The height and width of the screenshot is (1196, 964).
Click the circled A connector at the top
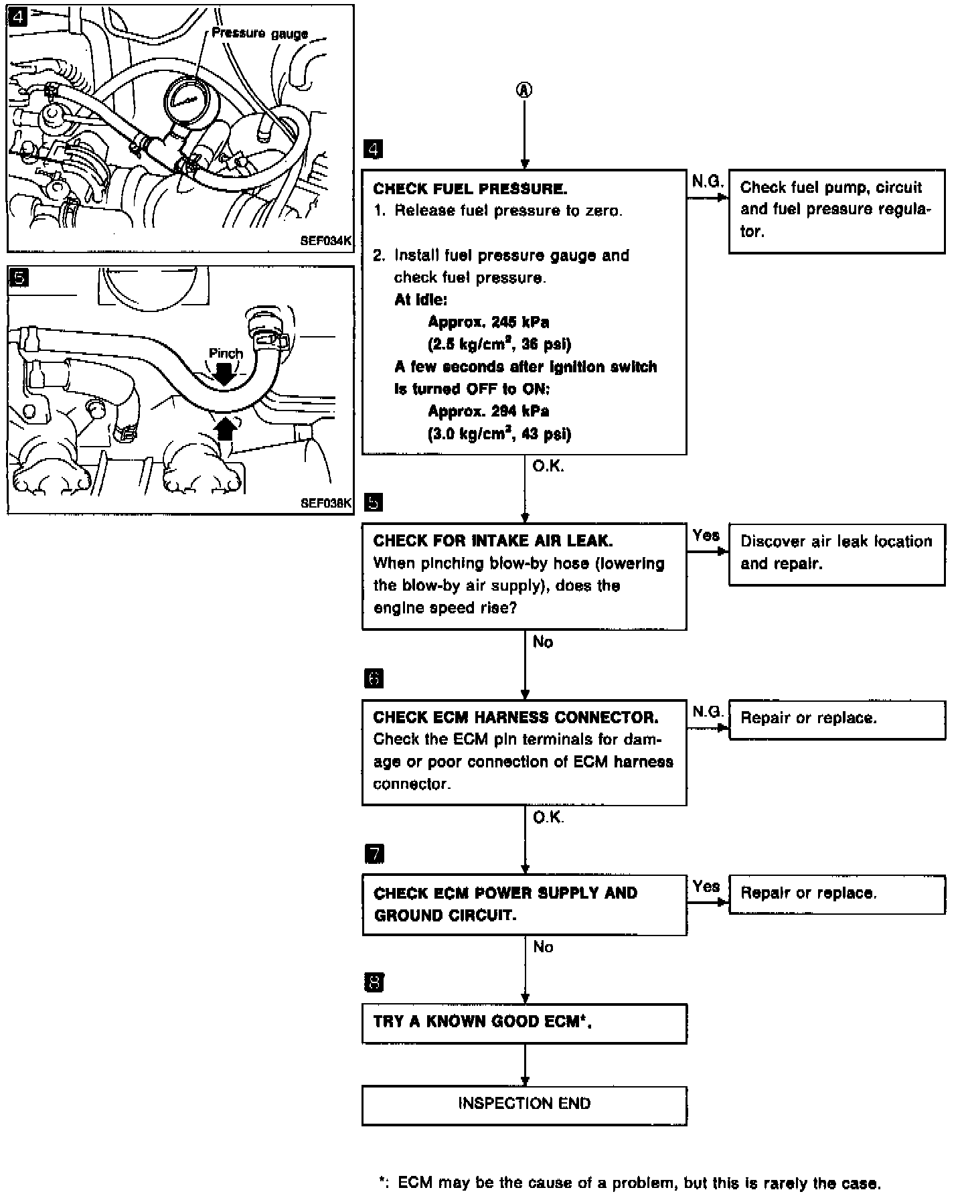(525, 90)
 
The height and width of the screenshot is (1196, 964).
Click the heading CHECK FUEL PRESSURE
(470, 188)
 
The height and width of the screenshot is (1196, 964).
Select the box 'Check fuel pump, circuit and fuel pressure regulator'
(836, 211)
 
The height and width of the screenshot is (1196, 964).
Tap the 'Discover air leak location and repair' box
(836, 554)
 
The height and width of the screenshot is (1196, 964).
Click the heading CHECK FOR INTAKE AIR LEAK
(493, 540)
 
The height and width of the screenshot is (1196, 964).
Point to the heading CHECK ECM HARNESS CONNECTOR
(515, 717)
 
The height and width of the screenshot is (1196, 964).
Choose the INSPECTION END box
(524, 1104)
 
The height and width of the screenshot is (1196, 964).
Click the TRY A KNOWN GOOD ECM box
(524, 1023)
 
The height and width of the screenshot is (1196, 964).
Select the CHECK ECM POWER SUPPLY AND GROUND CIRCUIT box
(524, 904)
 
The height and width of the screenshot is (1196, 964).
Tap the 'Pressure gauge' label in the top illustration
(260, 33)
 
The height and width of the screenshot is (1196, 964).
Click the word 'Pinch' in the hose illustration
(226, 353)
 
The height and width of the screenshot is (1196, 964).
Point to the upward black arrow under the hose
(226, 427)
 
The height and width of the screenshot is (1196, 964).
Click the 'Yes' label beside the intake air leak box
(706, 535)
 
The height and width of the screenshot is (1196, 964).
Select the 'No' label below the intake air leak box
(542, 642)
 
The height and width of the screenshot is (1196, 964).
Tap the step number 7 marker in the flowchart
(374, 854)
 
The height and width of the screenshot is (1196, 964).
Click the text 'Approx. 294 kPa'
(488, 411)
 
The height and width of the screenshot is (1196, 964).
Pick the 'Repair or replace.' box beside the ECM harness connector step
(836, 719)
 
